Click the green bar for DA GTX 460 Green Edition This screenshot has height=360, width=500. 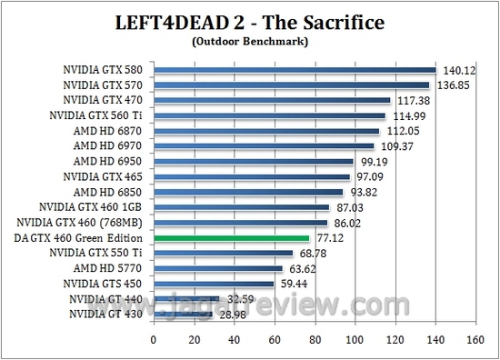coord(233,237)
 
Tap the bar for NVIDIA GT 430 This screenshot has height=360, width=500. coord(183,314)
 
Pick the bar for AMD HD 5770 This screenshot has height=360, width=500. coord(218,268)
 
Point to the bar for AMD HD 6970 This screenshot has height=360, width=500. coord(264,145)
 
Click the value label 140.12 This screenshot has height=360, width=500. coord(459,69)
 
